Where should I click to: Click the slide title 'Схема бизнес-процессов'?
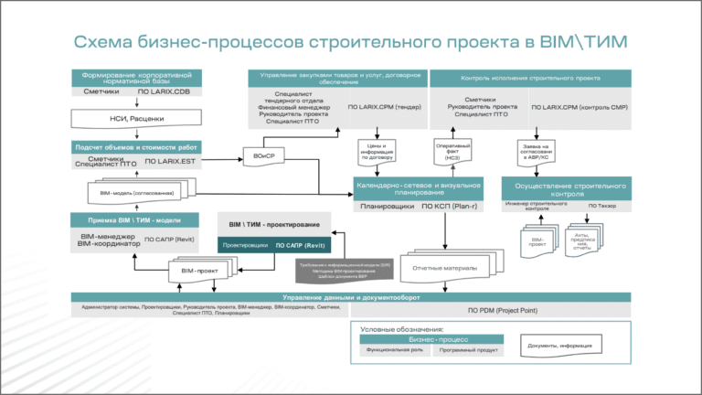(351, 43)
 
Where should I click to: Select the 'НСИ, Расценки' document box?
(136, 118)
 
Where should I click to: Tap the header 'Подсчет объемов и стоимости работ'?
(136, 146)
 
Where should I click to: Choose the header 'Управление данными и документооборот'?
(351, 297)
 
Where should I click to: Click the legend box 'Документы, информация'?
(558, 346)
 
